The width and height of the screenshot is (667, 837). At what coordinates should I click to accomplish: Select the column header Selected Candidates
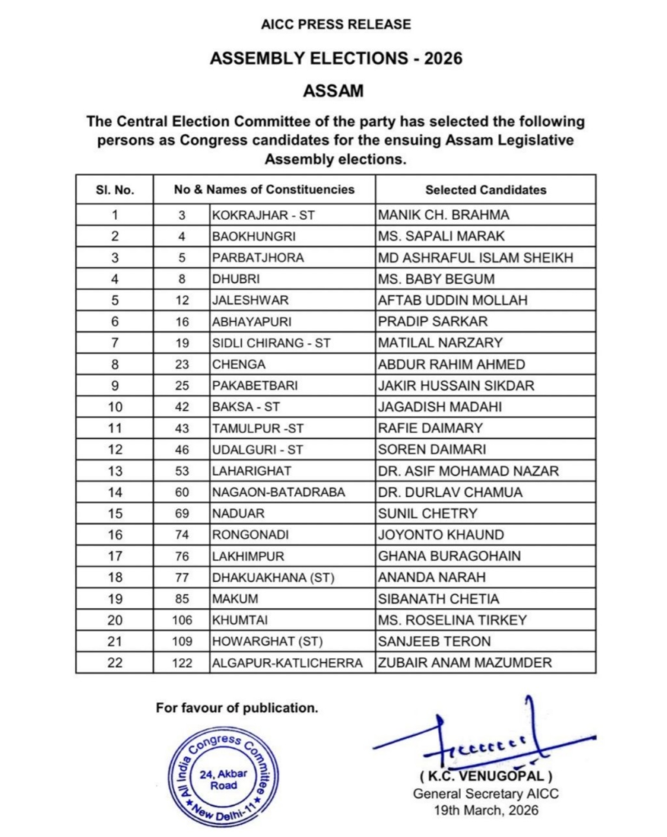486,190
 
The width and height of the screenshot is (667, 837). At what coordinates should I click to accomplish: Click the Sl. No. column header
114,190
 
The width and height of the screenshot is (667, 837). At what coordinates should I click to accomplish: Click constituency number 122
182,663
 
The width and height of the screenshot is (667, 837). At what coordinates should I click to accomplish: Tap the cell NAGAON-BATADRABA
266,492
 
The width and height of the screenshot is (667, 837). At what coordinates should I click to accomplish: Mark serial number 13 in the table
114,471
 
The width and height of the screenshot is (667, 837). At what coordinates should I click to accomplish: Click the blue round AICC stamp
223,776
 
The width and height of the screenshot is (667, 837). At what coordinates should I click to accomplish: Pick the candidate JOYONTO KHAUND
430,535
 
